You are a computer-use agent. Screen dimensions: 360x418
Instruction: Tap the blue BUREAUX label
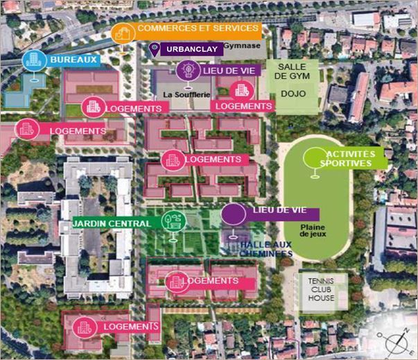(72, 60)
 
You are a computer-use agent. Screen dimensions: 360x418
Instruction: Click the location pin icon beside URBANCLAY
(154, 49)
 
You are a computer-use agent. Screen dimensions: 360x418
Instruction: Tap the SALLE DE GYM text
(292, 71)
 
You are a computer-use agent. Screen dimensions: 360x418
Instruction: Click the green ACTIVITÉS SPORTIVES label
(349, 158)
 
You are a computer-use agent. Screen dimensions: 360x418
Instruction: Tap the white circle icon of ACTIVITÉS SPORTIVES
(314, 158)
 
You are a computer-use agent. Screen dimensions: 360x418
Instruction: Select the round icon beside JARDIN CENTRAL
(170, 221)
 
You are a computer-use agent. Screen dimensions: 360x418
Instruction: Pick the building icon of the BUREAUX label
(33, 60)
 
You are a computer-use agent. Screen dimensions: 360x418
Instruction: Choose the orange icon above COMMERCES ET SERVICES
(122, 32)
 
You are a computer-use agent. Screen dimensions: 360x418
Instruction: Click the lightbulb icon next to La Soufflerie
(186, 70)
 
